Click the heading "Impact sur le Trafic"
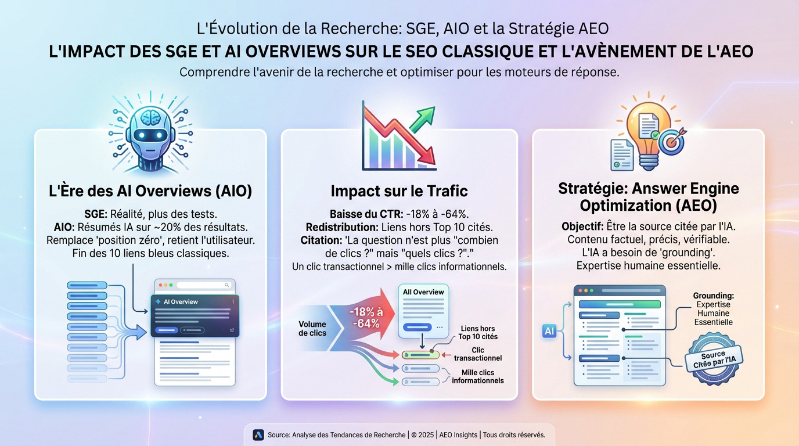(x=399, y=191)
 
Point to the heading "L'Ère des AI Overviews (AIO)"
(x=150, y=191)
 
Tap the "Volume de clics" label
(x=312, y=329)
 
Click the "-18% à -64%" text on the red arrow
(x=365, y=318)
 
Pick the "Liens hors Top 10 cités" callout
(x=477, y=332)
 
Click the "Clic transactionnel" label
(x=477, y=354)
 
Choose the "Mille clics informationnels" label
(x=477, y=376)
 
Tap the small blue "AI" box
(x=549, y=331)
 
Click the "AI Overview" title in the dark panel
(x=181, y=302)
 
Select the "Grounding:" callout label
(x=713, y=296)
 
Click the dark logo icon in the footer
(x=258, y=435)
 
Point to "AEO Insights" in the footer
(x=458, y=435)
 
